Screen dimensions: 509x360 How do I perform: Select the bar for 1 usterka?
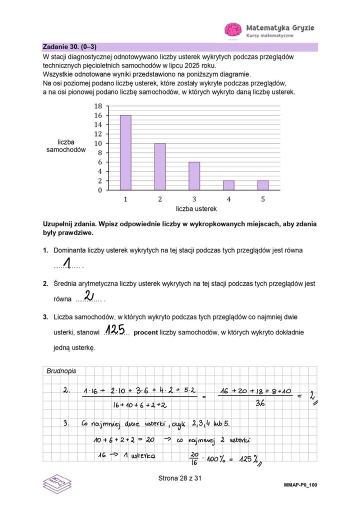(x=125, y=152)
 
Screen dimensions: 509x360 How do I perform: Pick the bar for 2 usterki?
(x=160, y=166)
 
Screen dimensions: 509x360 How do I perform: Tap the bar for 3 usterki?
(x=194, y=176)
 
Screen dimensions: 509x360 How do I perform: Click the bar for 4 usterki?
(x=228, y=185)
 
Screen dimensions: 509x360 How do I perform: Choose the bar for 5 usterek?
(x=263, y=185)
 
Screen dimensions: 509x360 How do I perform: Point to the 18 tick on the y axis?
(x=98, y=106)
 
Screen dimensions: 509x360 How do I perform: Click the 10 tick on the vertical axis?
(x=98, y=143)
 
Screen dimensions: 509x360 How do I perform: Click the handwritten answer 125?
(x=115, y=329)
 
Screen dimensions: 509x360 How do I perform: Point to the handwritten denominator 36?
(x=260, y=404)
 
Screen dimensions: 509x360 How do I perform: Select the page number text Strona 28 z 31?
(x=179, y=478)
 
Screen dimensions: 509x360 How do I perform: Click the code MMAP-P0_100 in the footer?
(x=300, y=485)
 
